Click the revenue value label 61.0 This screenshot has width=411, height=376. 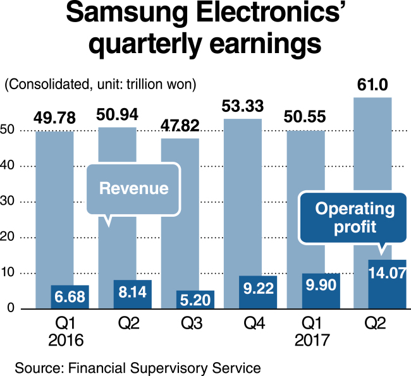[374, 83]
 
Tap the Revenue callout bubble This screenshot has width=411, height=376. [133, 188]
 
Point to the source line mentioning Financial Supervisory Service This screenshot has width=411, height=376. [138, 366]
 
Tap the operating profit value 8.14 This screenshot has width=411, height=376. [133, 292]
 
